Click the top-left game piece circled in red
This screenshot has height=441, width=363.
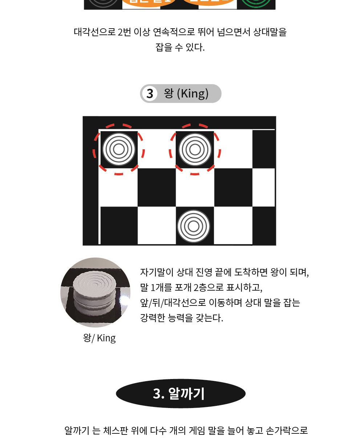pos(119,149)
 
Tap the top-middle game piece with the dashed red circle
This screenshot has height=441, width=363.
pos(195,149)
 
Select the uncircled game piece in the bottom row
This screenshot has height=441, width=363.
pos(193,226)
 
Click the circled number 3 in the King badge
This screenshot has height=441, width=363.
pos(150,94)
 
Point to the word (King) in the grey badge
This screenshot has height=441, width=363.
pos(193,93)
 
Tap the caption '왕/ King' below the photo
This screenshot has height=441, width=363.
pos(99,338)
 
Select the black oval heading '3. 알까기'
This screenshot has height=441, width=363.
pos(180,394)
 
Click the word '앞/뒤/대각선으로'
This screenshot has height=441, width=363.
pos(173,303)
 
